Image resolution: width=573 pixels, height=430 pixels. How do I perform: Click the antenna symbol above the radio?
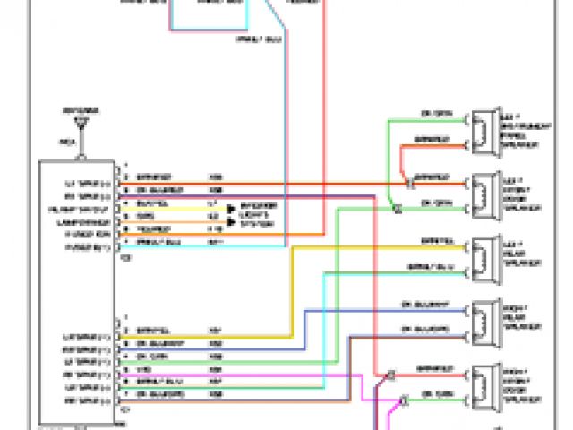81,119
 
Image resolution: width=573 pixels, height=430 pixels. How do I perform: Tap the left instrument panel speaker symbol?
484,130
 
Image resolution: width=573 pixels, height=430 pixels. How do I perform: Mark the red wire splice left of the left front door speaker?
407,182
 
